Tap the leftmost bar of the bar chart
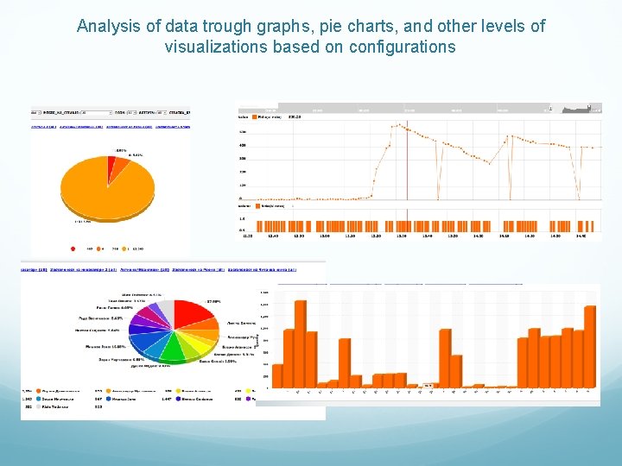pyautogui.click(x=277, y=375)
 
